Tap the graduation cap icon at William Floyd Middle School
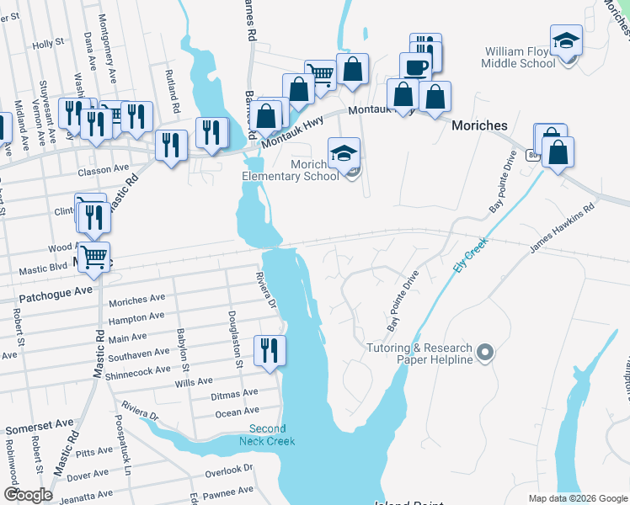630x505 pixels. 566,40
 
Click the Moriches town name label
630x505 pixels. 479,125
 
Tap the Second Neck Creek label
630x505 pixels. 268,435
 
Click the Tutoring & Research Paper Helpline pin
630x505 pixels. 484,352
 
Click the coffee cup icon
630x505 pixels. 414,66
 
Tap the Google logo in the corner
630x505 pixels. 28,494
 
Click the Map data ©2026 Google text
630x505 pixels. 577,498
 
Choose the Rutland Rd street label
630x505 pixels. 173,93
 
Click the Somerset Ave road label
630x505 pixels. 36,428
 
